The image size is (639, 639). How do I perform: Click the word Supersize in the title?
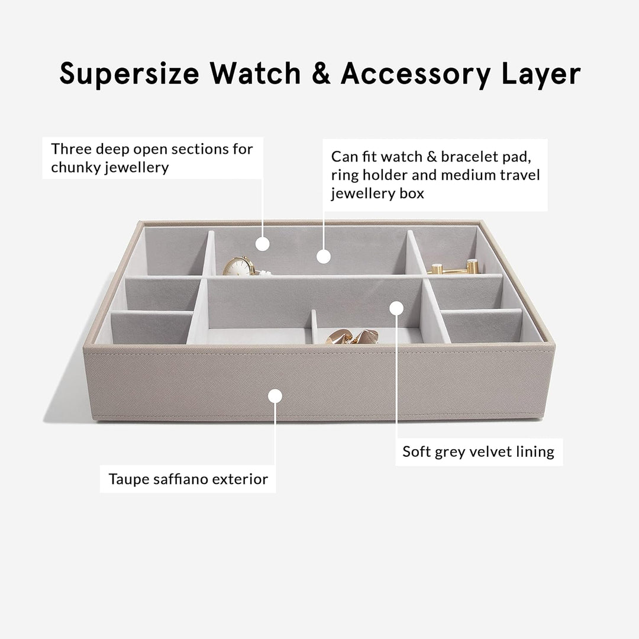[129, 75]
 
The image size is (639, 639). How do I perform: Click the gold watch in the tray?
[240, 266]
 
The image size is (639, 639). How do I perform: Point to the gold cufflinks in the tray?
[454, 267]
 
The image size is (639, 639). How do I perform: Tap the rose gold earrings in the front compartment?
[353, 337]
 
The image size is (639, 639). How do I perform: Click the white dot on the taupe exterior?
[275, 396]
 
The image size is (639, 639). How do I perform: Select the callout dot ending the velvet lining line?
[396, 308]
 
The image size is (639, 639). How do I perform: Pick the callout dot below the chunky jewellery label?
[263, 244]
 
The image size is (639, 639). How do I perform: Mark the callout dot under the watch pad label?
[323, 257]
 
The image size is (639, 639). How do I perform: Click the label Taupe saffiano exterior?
[188, 479]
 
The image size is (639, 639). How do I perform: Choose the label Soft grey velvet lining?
[479, 452]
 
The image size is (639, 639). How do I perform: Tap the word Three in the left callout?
[71, 149]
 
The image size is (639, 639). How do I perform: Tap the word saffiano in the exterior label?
[180, 479]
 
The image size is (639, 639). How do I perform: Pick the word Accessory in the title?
[416, 75]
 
